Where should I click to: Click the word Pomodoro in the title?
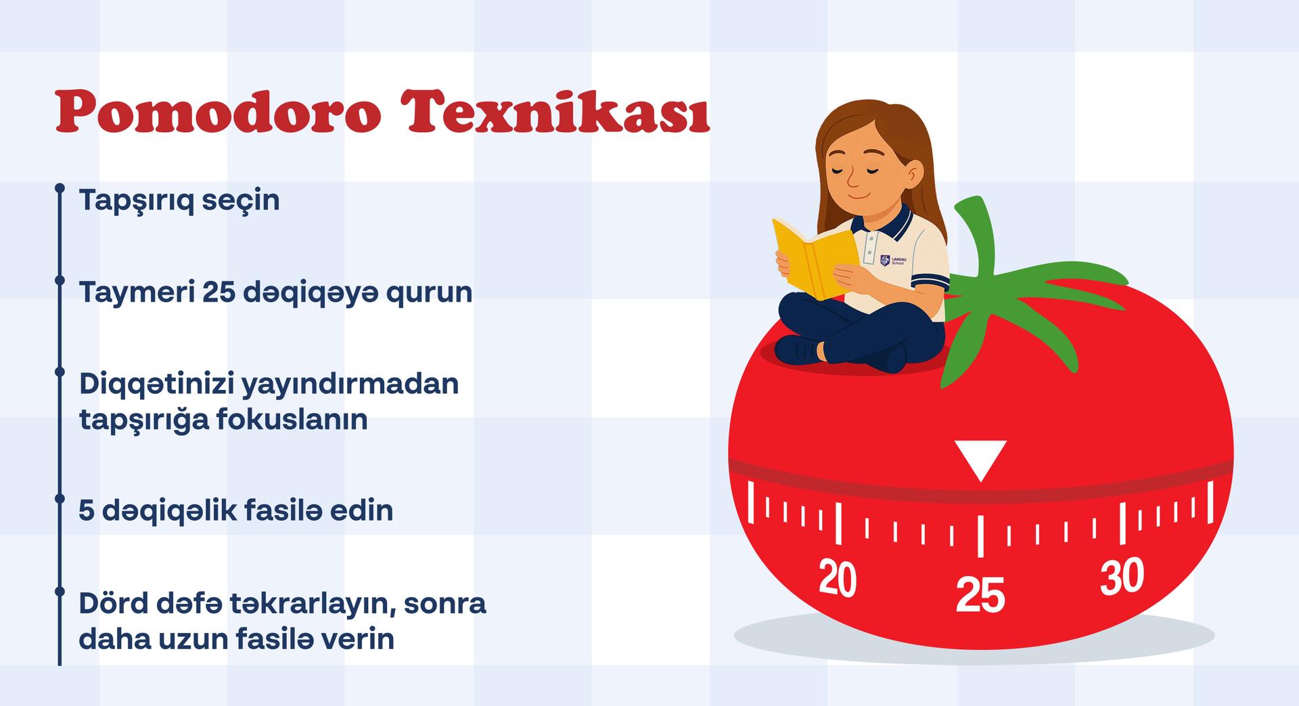218,112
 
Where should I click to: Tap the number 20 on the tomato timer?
838,579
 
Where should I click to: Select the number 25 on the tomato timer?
980,595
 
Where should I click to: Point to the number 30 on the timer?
1122,577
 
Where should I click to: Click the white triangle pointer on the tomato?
980,460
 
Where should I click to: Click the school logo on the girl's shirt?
892,260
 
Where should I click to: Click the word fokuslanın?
292,419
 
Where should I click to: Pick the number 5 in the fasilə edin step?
86,511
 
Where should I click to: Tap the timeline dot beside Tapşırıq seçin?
60,187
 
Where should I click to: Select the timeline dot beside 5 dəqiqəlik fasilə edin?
60,498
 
